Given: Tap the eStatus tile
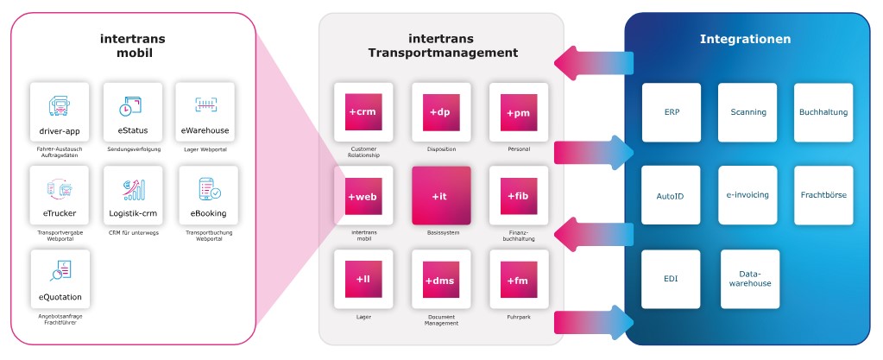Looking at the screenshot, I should pos(132,113).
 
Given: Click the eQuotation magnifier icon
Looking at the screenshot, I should pos(60,273).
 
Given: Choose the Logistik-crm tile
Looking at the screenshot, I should pos(132,196).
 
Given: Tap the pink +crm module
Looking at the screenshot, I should pos(363,112).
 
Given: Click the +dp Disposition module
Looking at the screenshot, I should pos(441,112).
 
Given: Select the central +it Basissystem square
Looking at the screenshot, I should pos(441,196).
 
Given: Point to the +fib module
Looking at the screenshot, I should pos(518,196).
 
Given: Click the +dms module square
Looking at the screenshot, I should pos(441,280).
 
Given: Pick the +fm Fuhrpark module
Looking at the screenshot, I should pos(518,280).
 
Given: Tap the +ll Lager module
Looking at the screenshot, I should pos(363,280).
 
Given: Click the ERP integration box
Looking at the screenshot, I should pos(672,112).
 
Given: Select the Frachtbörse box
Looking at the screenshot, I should pos(823,195).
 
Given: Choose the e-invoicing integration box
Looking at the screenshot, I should pos(747,195).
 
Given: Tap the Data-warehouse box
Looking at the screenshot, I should pos(750,279).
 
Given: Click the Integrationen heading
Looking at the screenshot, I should pos(745,39).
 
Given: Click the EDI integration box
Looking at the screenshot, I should pos(672,279).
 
